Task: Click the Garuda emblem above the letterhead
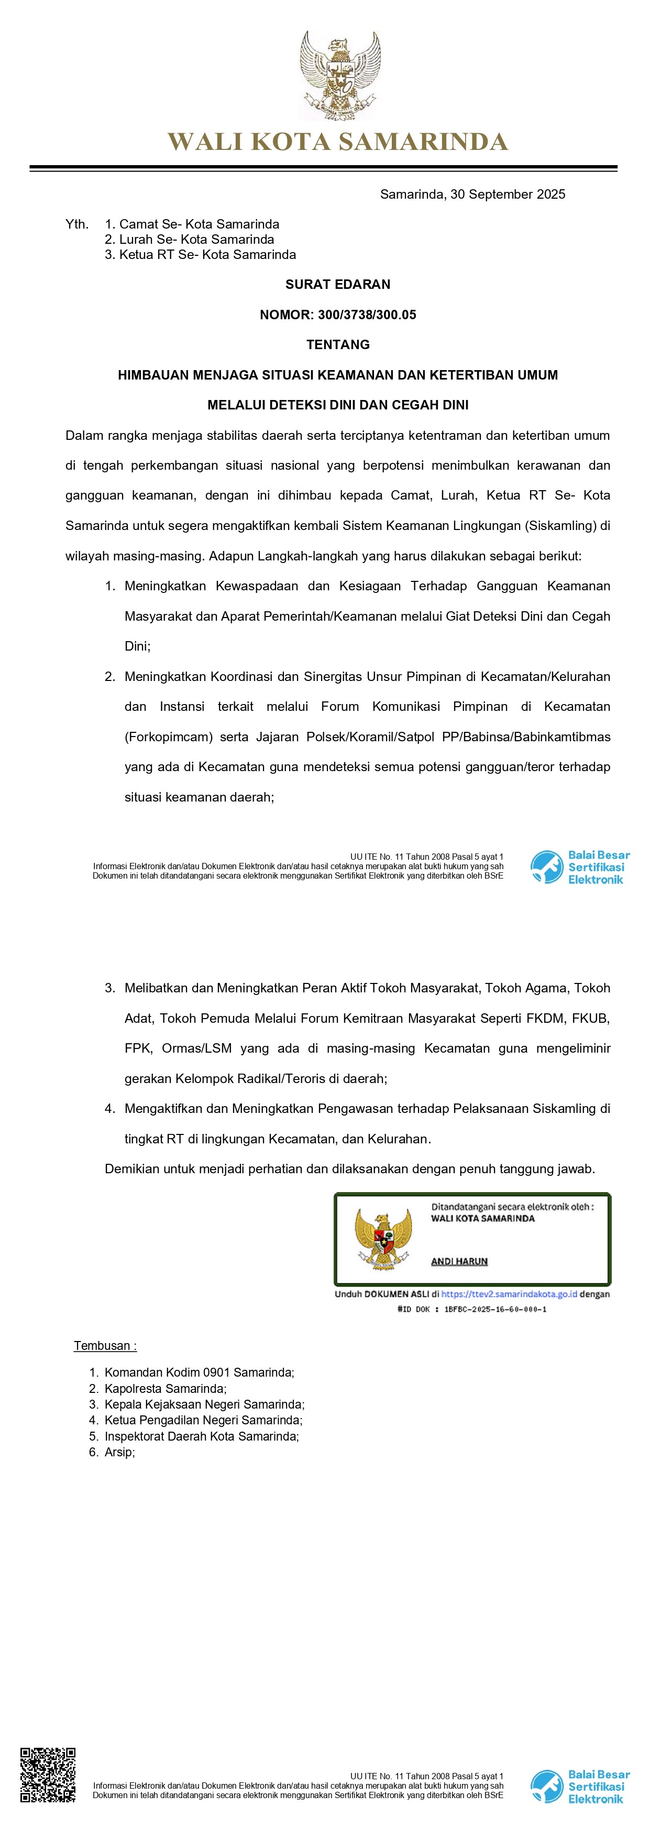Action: click(x=339, y=74)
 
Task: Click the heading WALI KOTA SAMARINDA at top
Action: click(x=337, y=142)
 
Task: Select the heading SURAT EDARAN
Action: click(x=337, y=284)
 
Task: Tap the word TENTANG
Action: click(x=337, y=345)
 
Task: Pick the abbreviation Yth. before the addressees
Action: click(x=76, y=224)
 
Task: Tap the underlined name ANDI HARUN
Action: click(x=459, y=1261)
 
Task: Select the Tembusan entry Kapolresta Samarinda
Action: click(x=165, y=1389)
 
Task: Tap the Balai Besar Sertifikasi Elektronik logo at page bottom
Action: click(x=580, y=1787)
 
